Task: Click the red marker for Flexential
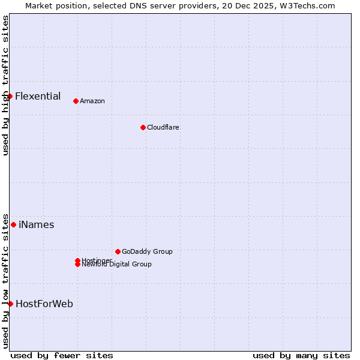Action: point(10,96)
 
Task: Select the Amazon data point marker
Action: point(76,101)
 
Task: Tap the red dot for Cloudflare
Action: point(143,127)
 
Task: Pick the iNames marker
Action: point(13,224)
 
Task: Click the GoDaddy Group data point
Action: point(118,251)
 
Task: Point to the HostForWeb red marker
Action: point(10,304)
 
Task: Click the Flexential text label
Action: point(38,96)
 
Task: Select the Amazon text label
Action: point(92,101)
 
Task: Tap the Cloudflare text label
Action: point(163,127)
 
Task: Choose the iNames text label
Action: point(37,224)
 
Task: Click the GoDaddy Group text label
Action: point(147,251)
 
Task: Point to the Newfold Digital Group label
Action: point(117,265)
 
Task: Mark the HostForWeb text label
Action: point(44,304)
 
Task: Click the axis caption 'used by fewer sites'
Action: point(62,355)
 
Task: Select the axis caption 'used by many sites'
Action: point(301,355)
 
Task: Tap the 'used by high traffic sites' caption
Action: point(5,85)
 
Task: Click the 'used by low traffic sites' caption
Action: point(5,280)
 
